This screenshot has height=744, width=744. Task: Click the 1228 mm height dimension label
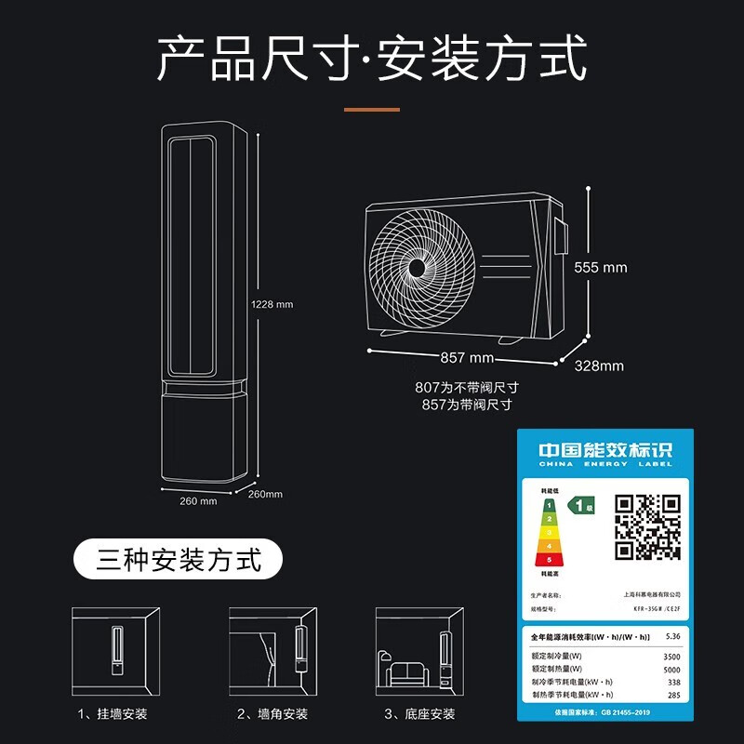point(272,304)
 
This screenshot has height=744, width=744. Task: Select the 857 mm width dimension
point(467,358)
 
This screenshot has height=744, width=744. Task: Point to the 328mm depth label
point(599,365)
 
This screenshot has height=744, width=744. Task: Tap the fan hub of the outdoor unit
point(417,268)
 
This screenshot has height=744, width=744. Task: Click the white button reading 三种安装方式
point(179,561)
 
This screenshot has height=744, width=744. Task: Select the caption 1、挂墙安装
point(113,713)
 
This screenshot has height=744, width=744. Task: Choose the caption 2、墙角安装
point(272,713)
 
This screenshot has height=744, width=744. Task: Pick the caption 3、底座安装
point(419,713)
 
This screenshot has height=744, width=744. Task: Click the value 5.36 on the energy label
point(673,637)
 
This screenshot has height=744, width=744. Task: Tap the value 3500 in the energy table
point(671,656)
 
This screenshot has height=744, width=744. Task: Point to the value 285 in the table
point(673,695)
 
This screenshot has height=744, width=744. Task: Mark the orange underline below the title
point(372,110)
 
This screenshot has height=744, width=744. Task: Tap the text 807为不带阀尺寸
point(466,388)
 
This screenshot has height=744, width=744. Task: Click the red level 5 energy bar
point(551,560)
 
